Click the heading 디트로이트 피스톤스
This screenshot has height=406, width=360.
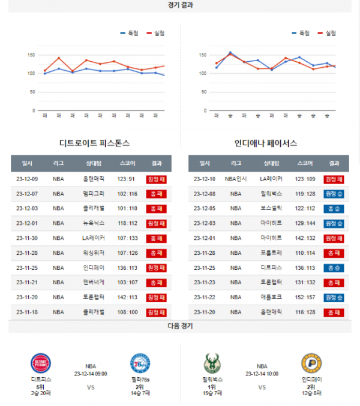pos(95,143)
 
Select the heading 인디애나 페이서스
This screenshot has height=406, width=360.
pos(266,143)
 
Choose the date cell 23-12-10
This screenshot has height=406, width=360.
pos(205,179)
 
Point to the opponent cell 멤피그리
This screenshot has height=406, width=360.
pos(94,194)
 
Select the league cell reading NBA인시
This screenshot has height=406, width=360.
pos(236,179)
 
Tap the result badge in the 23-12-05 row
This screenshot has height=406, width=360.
pos(334,208)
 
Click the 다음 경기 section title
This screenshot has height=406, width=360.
pos(180,326)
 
